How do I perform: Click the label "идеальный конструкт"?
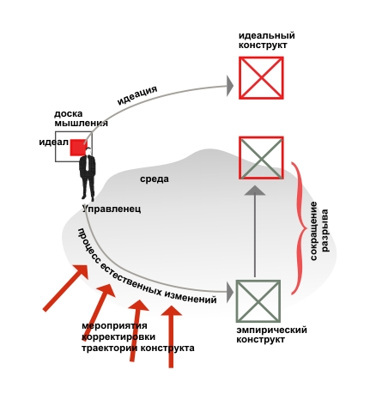point(267,40)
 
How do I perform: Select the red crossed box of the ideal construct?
point(261,78)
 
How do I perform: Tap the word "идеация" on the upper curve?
point(137,94)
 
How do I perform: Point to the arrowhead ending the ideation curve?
point(230,86)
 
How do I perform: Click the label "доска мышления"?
point(81,118)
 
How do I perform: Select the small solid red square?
point(78,148)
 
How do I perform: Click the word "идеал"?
point(53,142)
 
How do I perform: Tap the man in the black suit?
point(88,174)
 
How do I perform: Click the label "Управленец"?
point(112,209)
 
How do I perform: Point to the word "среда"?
point(155,179)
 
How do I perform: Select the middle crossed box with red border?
point(261,158)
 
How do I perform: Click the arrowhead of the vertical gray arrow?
point(255,191)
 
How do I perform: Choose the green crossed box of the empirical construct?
point(258,301)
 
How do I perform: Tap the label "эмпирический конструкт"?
point(271,335)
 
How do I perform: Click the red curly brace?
point(299,228)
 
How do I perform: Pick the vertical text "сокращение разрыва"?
point(319,231)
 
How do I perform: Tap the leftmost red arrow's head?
point(81,272)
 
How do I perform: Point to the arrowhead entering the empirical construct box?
point(230,292)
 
